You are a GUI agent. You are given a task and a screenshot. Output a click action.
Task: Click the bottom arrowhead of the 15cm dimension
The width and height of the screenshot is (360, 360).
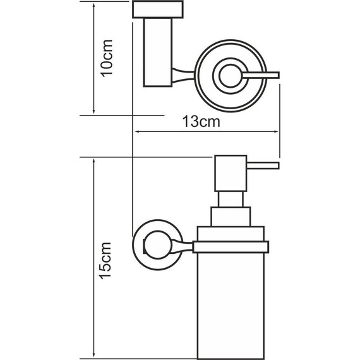tap(93, 354)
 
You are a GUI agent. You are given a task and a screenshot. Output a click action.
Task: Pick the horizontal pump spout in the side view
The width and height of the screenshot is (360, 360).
tap(261, 165)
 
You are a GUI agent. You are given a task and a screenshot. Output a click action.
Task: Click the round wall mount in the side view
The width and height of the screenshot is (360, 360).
tap(152, 241)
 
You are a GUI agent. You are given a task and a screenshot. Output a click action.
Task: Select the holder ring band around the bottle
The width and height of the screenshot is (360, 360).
tap(232, 247)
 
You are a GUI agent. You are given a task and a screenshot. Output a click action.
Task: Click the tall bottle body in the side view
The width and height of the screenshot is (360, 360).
tap(232, 303)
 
